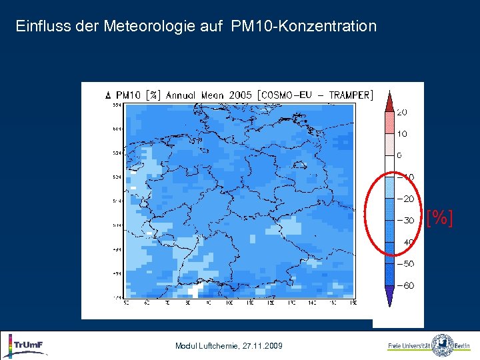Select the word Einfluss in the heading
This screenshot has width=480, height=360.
point(36,27)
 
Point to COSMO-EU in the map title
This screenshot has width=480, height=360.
point(287,95)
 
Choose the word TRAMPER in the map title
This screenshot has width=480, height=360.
point(347,95)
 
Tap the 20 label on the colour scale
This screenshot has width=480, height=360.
point(403,112)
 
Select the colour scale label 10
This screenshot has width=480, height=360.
point(403,134)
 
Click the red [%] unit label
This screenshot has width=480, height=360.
point(440,217)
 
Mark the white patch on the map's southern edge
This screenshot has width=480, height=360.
point(195,291)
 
